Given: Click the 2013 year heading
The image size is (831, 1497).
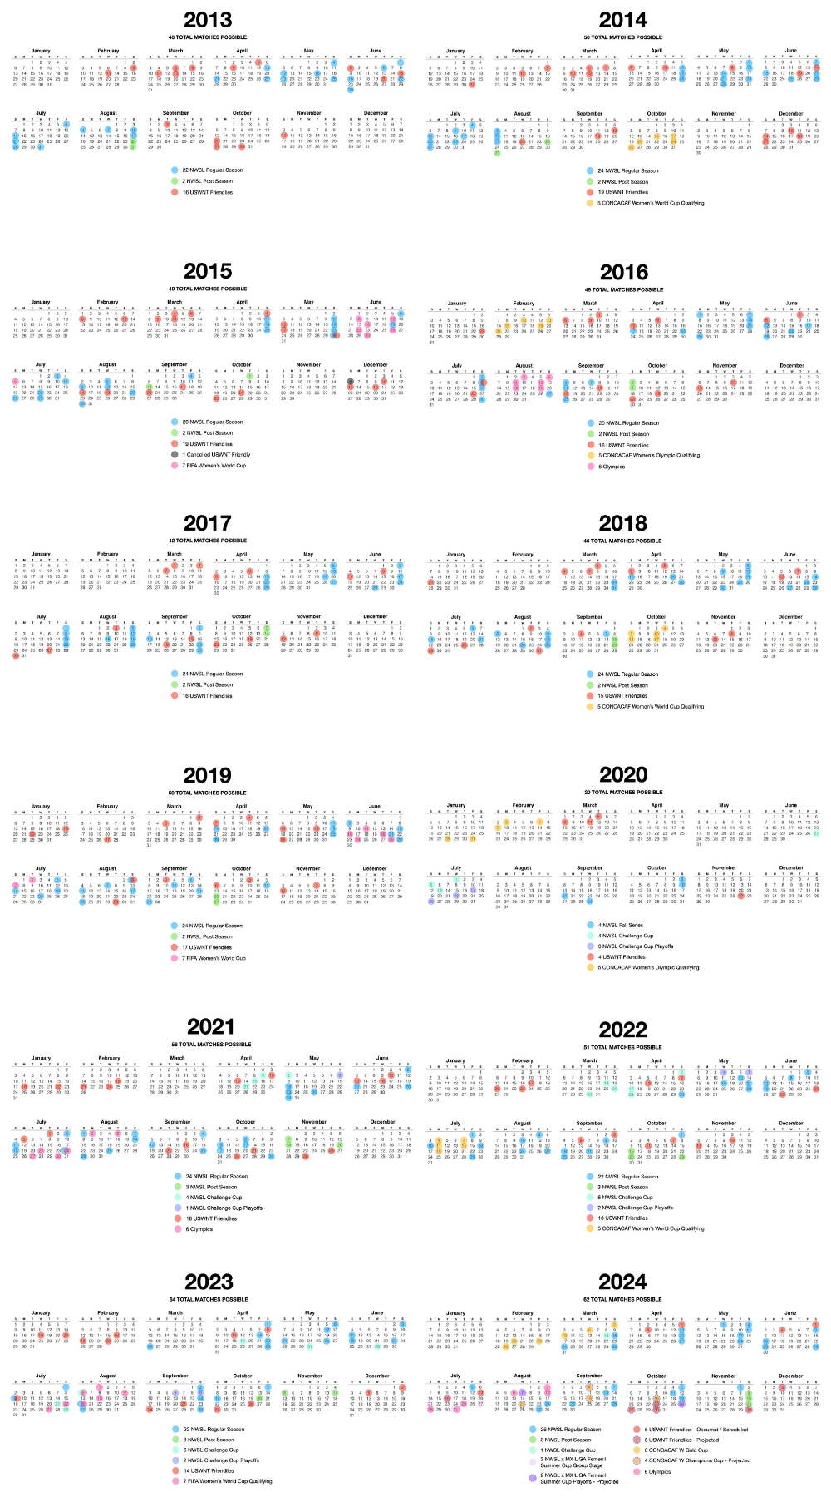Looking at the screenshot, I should [x=208, y=20].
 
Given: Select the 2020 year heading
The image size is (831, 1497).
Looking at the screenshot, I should [x=623, y=775].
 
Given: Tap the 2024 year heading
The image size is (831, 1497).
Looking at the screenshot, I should [x=622, y=1282].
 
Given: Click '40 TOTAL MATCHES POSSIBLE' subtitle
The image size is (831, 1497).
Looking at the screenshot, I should [x=208, y=37].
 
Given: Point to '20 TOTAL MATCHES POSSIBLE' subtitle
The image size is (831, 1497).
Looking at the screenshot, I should [x=623, y=793].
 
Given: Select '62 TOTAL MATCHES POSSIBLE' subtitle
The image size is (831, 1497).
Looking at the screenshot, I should [x=622, y=1299].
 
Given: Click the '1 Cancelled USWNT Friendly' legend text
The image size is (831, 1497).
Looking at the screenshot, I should [x=216, y=455].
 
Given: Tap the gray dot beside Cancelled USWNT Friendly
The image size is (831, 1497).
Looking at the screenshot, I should [x=175, y=455].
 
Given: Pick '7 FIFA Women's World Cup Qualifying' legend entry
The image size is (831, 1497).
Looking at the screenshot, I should [x=227, y=1480].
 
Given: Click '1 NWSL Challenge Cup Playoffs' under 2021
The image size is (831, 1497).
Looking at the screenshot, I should [x=224, y=1208].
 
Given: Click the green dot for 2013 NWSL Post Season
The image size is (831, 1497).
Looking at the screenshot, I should [x=175, y=181].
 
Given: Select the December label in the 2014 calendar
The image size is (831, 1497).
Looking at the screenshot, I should [x=791, y=114].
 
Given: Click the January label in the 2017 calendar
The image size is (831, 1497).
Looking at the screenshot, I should [x=41, y=554].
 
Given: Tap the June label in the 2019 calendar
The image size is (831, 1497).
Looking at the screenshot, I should [x=375, y=806].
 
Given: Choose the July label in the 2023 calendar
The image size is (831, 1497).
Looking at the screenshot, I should [x=41, y=1376].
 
